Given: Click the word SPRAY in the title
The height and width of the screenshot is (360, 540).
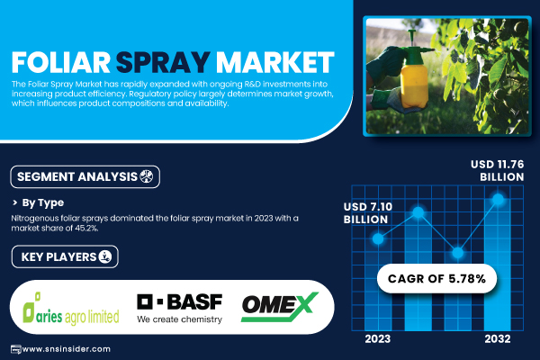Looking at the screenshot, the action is [163, 62].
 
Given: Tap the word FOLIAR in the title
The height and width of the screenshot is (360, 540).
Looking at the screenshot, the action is [61, 62].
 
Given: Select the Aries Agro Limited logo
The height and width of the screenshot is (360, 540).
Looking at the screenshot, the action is [71, 309].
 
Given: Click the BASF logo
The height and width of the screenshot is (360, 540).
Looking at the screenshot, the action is [179, 309].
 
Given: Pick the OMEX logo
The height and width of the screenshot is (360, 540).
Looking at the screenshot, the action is [280, 307].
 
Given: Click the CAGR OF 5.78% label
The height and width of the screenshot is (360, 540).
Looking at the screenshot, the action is [436, 278].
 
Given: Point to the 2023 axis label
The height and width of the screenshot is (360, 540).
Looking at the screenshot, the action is [378, 339].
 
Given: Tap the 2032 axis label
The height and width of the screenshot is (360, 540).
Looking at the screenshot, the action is [498, 339].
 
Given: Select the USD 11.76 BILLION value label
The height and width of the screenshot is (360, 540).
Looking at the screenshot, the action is [498, 170].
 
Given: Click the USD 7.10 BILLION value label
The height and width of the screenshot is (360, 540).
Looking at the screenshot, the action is [368, 213].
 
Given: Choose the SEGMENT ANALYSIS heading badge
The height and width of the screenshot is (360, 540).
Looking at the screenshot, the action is [85, 176].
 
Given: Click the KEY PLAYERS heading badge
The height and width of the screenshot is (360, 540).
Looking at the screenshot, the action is [65, 256].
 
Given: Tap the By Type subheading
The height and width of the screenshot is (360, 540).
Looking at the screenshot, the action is [43, 202].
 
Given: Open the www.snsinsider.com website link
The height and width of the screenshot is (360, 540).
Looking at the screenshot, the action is [66, 349].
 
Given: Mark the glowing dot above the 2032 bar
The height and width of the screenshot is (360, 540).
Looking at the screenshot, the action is [498, 199].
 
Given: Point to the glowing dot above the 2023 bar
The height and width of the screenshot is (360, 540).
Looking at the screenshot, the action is [378, 238].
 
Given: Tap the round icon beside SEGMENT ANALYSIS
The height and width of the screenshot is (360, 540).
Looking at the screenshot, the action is [146, 176].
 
